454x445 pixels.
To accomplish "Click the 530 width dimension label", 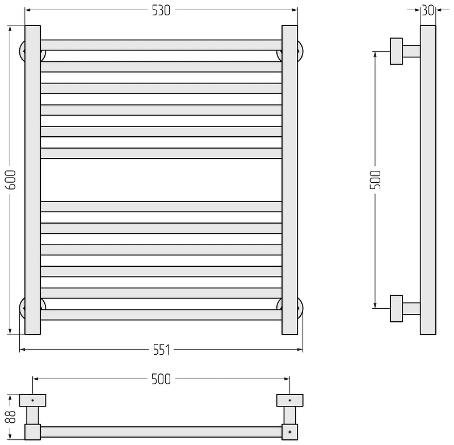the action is point(161,11).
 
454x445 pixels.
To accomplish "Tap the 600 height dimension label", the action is point(11,180).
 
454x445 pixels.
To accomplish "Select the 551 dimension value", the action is point(161,350).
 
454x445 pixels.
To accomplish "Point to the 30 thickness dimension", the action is point(428,11).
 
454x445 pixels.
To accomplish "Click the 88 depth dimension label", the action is point(11,417).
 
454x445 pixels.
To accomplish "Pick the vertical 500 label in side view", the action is point(376,180).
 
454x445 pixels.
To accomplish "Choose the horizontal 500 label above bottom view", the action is point(161,379).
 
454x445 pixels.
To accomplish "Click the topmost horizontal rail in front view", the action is point(161,45).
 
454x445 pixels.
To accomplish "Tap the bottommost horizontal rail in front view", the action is point(161,314).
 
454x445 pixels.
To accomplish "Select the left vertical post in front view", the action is point(32,180).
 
